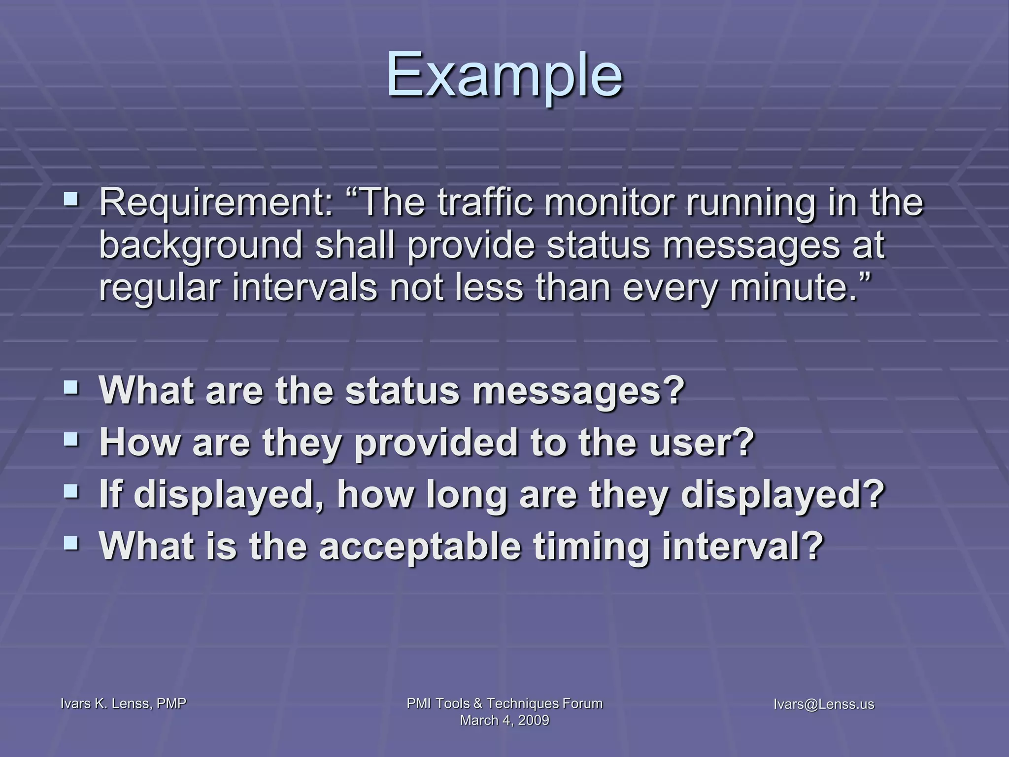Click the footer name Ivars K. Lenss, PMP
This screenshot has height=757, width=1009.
[123, 704]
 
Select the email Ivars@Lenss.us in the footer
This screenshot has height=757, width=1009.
[824, 704]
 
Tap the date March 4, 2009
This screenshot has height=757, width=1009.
[504, 721]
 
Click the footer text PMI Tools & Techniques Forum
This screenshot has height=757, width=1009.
[504, 703]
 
